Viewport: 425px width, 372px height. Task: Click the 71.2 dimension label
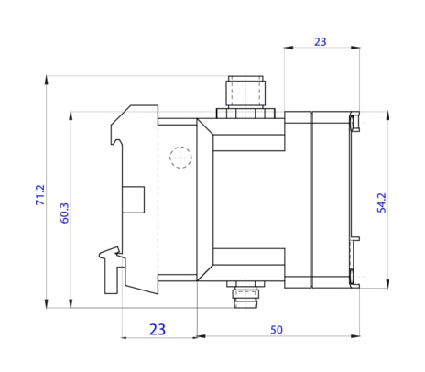point(39,194)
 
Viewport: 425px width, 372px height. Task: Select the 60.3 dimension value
point(64,213)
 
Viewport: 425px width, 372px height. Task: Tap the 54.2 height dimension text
point(381,202)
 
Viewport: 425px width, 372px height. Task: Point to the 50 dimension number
point(276,329)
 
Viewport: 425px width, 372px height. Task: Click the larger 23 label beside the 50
point(158,329)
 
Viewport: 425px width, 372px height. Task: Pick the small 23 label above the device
point(320,41)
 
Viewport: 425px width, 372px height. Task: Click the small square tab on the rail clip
point(134,199)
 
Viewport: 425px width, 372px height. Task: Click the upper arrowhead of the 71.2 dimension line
point(45,81)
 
